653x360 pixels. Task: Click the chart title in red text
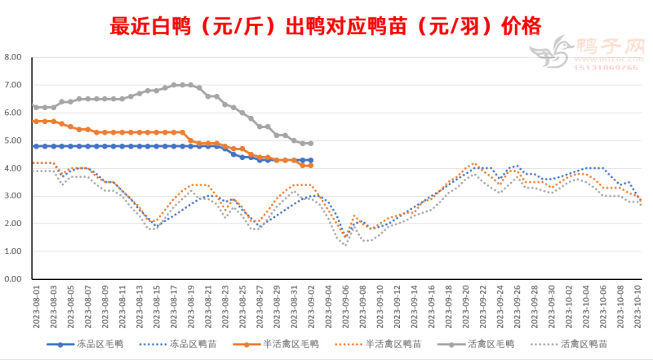pyautogui.click(x=325, y=26)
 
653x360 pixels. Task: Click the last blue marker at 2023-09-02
pyautogui.click(x=311, y=160)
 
